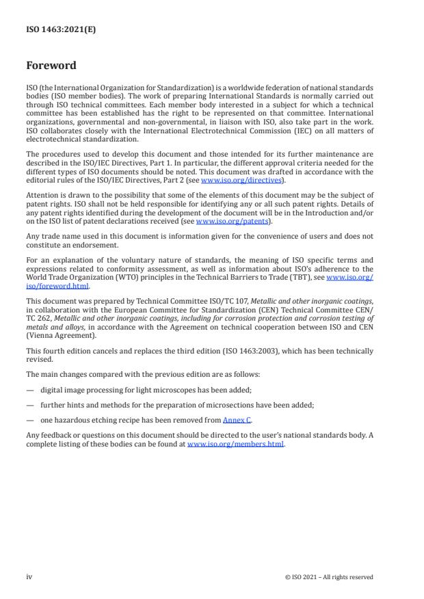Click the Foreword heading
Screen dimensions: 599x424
[51, 66]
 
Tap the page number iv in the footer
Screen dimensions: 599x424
[29, 576]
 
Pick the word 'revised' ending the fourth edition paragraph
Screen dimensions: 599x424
[39, 359]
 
